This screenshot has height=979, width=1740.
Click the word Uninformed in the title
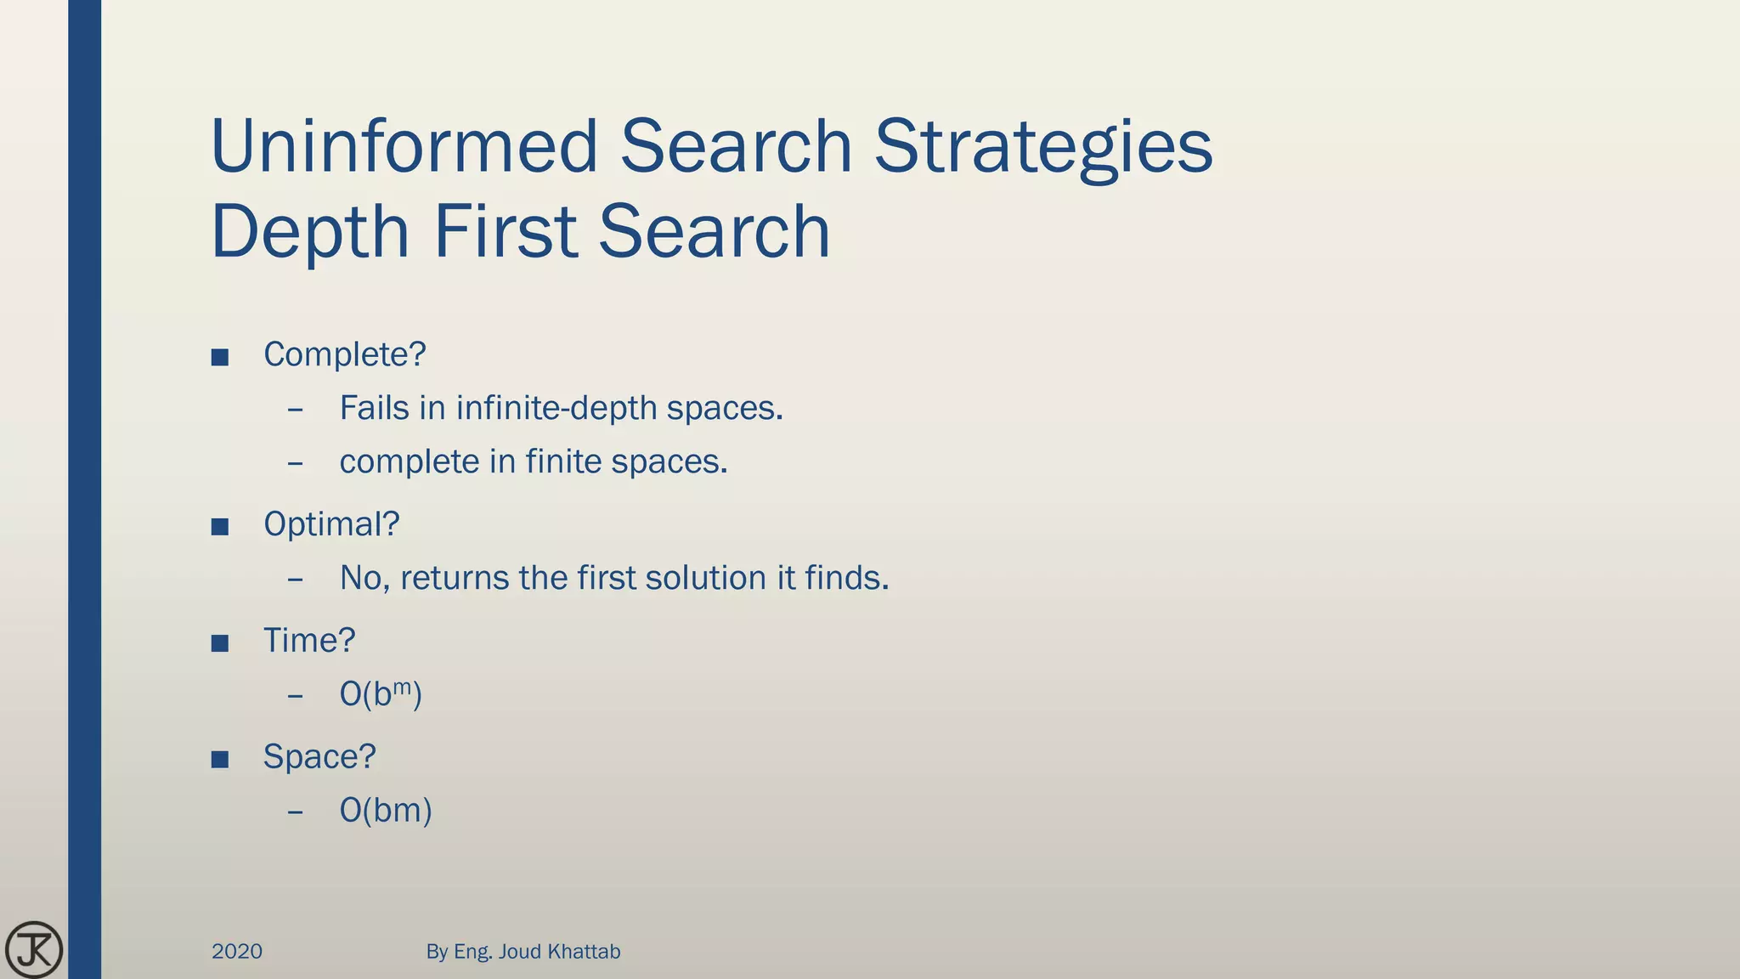click(404, 146)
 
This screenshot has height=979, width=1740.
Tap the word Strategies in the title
click(1043, 146)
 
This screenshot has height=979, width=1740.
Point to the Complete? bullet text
click(344, 354)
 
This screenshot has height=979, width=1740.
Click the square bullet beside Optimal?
click(220, 527)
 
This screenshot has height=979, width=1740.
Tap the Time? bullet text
click(309, 641)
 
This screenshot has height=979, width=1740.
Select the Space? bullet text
click(319, 756)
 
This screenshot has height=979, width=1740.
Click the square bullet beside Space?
click(220, 759)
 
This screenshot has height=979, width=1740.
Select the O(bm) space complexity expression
click(386, 810)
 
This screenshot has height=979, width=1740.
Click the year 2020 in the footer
click(237, 951)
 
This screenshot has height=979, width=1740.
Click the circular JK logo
click(34, 949)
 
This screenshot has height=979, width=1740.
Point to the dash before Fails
click(296, 410)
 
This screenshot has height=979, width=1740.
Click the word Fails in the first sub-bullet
click(375, 408)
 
